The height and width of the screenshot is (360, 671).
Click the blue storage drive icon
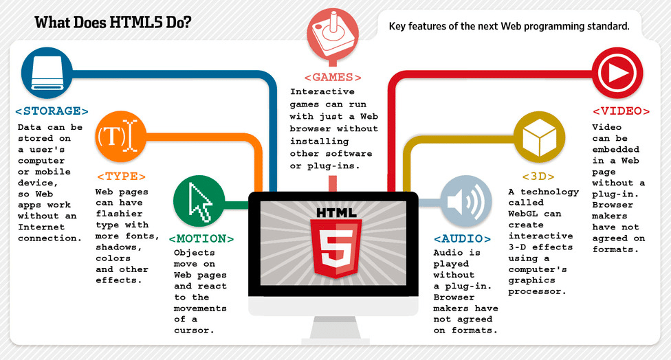click(x=47, y=72)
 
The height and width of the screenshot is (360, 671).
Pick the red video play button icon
click(x=617, y=71)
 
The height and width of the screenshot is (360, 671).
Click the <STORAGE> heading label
click(x=52, y=111)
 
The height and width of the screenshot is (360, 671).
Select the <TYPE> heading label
click(x=121, y=177)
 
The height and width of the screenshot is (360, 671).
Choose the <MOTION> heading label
click(x=201, y=239)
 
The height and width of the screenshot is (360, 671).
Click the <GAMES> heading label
click(x=333, y=78)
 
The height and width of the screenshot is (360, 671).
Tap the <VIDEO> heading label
click(x=621, y=111)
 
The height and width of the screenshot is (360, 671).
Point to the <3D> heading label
click(x=538, y=177)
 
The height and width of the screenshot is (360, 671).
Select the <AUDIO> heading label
click(x=462, y=239)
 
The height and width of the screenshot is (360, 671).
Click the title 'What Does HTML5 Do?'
click(x=113, y=23)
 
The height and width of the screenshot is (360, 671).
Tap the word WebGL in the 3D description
click(x=525, y=214)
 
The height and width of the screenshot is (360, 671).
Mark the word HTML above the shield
click(x=333, y=212)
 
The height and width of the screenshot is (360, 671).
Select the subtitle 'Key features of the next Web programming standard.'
click(x=509, y=26)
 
